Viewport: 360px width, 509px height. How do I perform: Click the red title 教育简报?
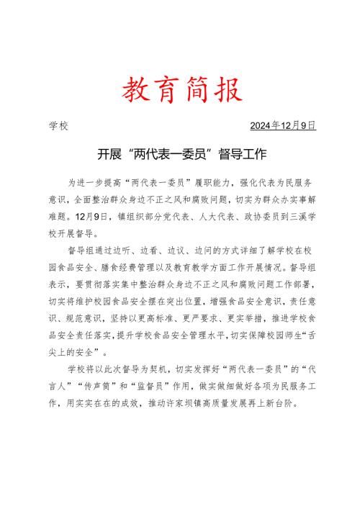click(x=179, y=91)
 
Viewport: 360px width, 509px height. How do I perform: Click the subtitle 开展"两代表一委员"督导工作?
click(x=180, y=154)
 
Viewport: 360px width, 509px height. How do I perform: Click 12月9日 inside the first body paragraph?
click(x=94, y=215)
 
